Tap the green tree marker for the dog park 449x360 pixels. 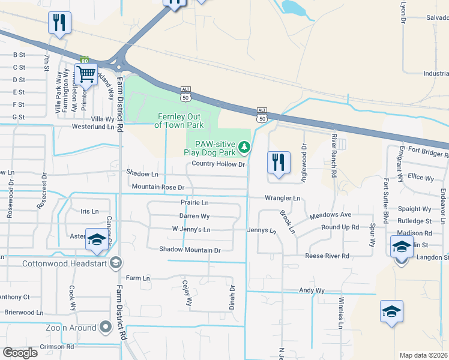click(244, 146)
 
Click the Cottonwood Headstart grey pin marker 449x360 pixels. click(116, 263)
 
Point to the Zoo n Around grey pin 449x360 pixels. click(106, 327)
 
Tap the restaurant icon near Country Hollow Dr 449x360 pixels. click(279, 163)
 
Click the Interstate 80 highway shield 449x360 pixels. click(85, 61)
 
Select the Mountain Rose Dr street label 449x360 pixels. click(157, 187)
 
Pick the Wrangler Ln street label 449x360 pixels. click(282, 198)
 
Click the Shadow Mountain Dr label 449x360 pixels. click(190, 250)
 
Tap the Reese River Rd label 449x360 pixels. click(327, 256)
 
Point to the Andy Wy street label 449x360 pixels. click(312, 290)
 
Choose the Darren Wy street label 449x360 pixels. click(194, 216)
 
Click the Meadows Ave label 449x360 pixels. click(330, 215)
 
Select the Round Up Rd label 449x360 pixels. click(340, 227)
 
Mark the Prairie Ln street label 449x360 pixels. click(194, 203)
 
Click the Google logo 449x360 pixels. click(20, 352)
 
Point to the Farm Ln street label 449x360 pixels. click(137, 278)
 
